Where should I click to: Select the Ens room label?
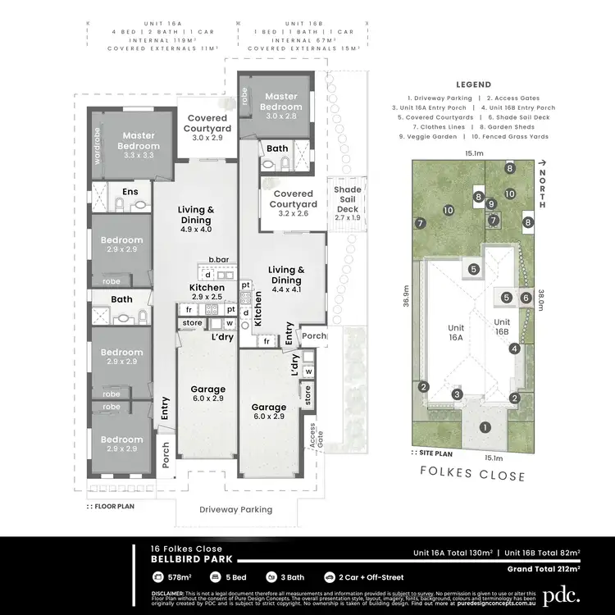point(130,191)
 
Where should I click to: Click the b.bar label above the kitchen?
point(217,259)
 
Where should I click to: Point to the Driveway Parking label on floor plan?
point(236,509)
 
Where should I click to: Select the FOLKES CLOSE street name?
point(472,475)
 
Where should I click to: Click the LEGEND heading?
point(473,84)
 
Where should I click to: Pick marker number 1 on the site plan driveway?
point(485,426)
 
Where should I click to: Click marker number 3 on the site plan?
point(457,394)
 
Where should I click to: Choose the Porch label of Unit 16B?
point(313,335)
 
